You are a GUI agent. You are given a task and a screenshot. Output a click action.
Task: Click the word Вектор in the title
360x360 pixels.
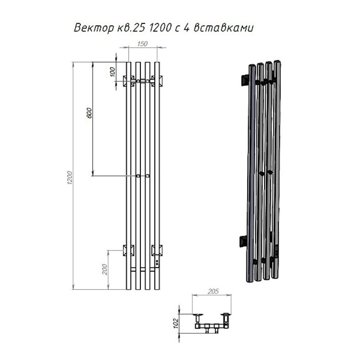(94, 28)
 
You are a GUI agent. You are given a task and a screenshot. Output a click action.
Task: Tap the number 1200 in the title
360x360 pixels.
(160, 28)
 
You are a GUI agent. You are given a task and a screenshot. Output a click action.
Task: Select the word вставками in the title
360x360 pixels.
(224, 28)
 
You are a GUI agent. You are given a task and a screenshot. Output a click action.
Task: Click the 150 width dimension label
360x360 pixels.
(142, 44)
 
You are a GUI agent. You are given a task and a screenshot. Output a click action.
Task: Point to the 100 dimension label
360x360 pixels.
(112, 72)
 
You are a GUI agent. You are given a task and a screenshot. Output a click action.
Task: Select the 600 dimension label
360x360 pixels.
(89, 113)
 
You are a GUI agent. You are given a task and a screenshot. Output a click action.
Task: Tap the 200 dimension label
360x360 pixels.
(105, 269)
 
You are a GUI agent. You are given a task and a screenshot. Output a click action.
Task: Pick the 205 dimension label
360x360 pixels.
(213, 291)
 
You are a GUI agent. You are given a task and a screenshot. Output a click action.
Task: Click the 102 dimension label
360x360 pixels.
(176, 324)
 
